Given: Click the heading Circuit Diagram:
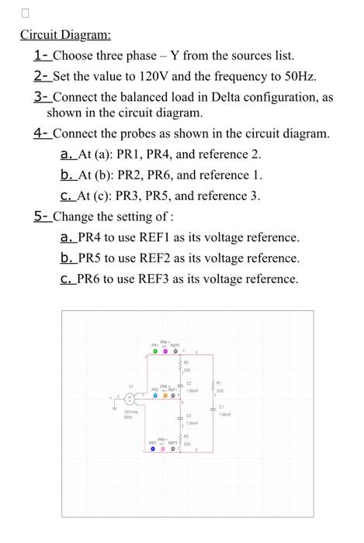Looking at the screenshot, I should [65, 35].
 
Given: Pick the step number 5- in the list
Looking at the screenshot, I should [42, 216].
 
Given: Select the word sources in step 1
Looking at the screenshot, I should [232, 56].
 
